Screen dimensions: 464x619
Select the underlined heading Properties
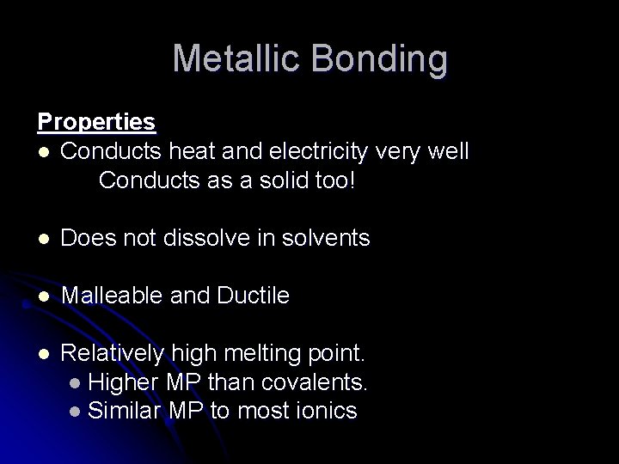tap(96, 122)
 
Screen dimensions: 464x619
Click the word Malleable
tap(109, 296)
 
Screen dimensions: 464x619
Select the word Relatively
tap(113, 353)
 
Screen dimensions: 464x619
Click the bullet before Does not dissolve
tap(44, 239)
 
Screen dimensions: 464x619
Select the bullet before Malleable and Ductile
tap(44, 296)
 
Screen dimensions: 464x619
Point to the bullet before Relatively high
tap(44, 354)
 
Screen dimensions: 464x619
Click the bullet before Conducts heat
tap(44, 152)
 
